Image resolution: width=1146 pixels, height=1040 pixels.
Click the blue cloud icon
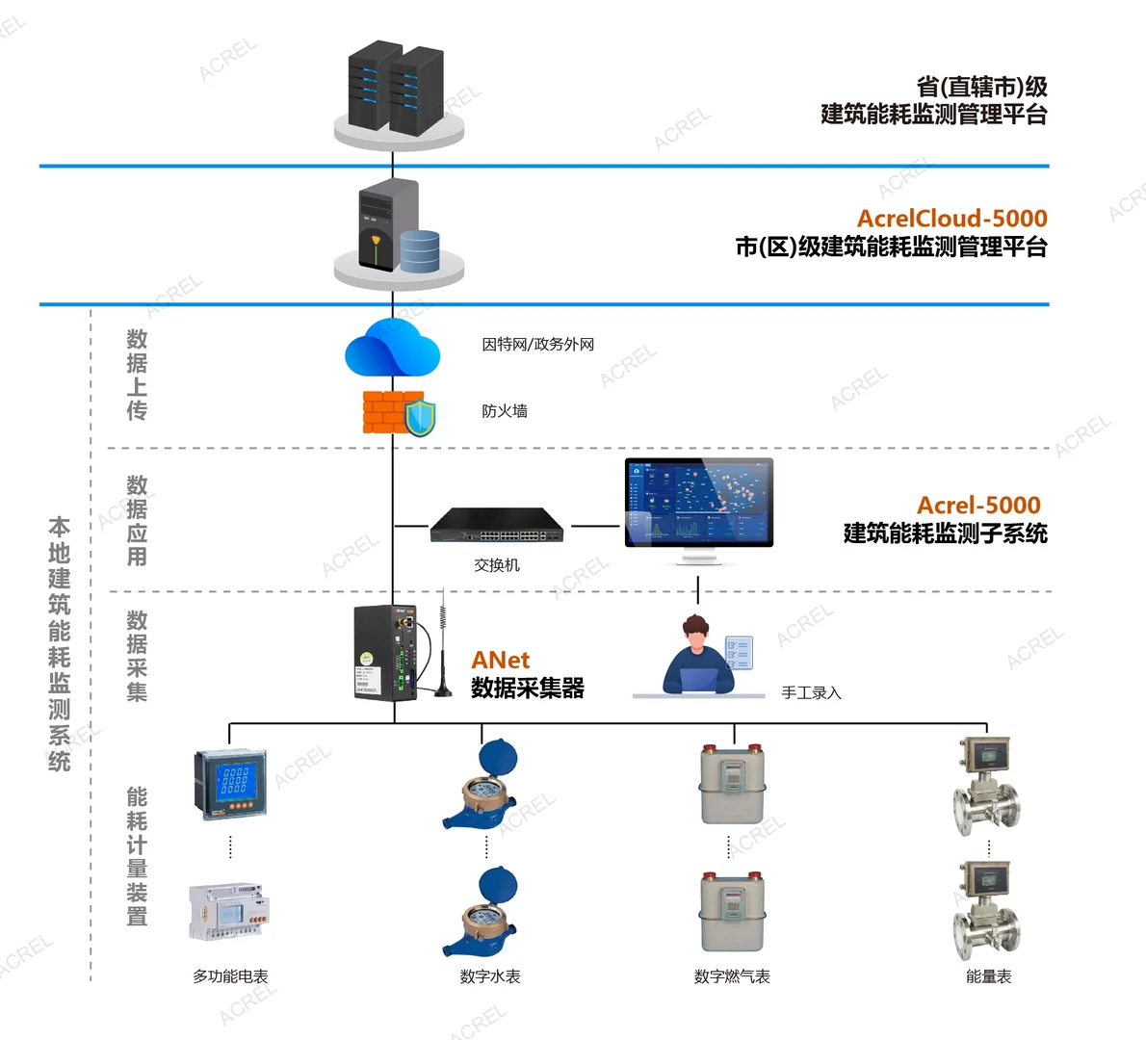tap(392, 349)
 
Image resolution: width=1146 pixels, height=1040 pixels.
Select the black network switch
tap(497, 524)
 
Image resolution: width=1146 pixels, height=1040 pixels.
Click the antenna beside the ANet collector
tap(442, 645)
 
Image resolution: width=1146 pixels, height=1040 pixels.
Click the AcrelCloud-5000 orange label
tap(951, 219)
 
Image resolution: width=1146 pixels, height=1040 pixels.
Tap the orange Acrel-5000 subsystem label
tap(978, 506)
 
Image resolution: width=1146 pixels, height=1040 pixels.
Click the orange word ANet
tap(500, 660)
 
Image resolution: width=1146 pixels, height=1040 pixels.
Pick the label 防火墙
tap(505, 411)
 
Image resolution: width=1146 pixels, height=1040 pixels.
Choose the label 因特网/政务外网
tap(537, 344)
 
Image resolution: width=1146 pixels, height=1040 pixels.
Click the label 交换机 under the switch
tap(497, 565)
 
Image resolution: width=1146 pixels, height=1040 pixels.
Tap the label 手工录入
tap(811, 692)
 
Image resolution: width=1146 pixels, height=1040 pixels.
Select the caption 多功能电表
tap(230, 976)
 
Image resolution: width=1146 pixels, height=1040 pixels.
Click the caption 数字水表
tap(489, 976)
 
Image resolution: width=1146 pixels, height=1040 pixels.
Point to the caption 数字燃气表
tap(732, 976)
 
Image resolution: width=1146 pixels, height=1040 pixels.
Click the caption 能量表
tap(988, 976)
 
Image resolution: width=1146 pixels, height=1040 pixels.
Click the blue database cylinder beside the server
tap(420, 250)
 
